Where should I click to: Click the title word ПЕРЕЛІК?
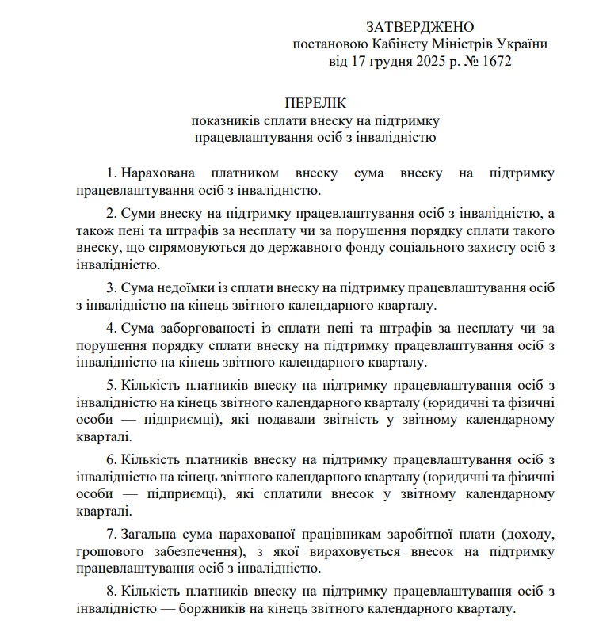315,103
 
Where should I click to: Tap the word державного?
378,248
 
